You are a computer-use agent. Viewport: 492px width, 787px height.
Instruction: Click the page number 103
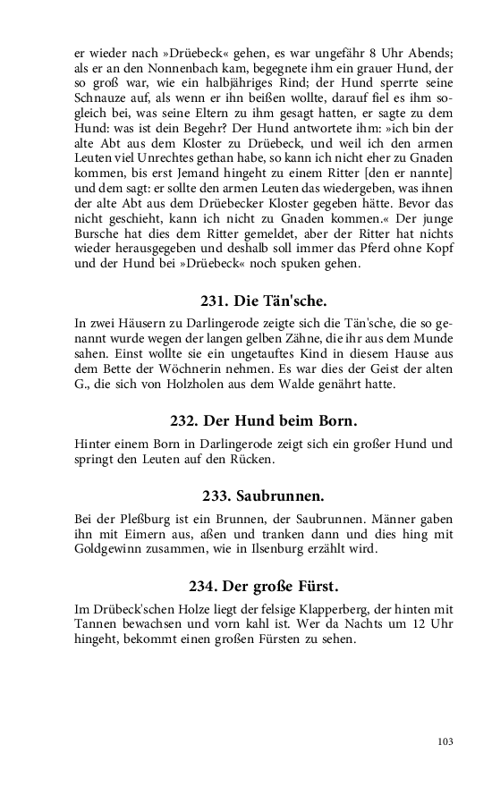point(446,740)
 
